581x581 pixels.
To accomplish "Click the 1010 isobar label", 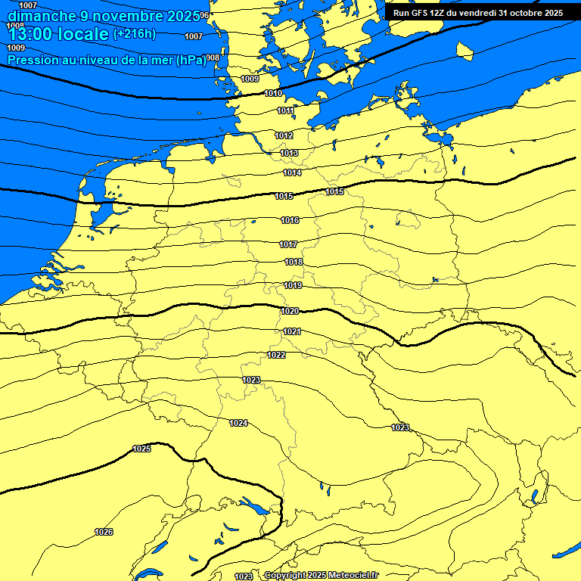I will tap(274, 94).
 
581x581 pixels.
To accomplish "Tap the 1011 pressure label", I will tap(285, 111).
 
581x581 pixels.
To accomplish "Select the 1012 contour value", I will tap(284, 135).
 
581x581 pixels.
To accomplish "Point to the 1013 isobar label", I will tap(289, 153).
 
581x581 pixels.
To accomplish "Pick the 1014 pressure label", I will tap(292, 173).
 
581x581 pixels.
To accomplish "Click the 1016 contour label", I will tap(290, 220).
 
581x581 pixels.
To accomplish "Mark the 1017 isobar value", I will tap(288, 245).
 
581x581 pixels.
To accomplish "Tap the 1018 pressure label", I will tap(294, 263).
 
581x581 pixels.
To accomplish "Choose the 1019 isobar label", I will tap(293, 286).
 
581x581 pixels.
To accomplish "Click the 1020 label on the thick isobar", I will tap(289, 312).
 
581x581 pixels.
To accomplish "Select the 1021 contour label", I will tap(292, 331).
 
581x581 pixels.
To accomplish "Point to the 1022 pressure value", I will tap(276, 355).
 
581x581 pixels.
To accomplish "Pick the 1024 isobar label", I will tap(238, 423).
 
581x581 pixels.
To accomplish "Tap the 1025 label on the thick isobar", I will tap(141, 449).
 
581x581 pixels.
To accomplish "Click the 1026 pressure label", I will tap(104, 532).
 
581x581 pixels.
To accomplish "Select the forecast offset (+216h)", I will tap(134, 34).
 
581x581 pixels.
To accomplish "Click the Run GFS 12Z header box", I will tap(477, 13).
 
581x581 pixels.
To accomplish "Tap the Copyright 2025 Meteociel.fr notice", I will tap(321, 576).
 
